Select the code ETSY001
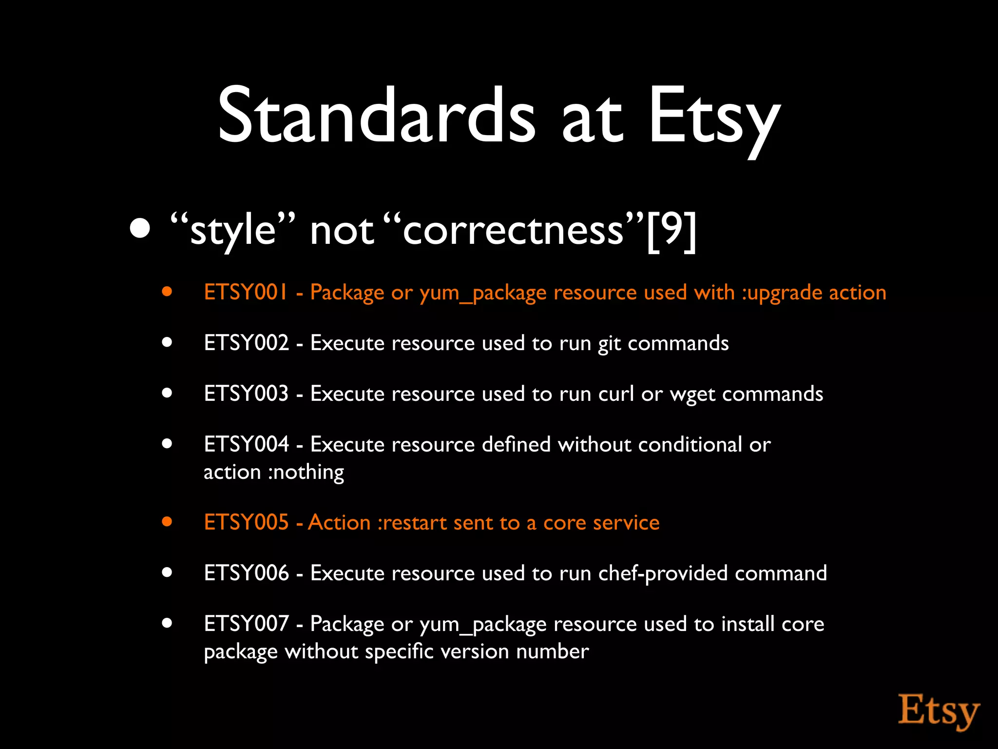[246, 293]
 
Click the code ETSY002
[246, 343]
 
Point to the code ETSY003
[246, 394]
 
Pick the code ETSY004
[246, 444]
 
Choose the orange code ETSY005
[246, 522]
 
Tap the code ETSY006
[246, 573]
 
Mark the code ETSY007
[246, 624]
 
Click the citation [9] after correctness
[672, 230]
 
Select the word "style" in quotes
[233, 230]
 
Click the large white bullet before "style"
[140, 228]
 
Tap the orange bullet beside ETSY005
[167, 522]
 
